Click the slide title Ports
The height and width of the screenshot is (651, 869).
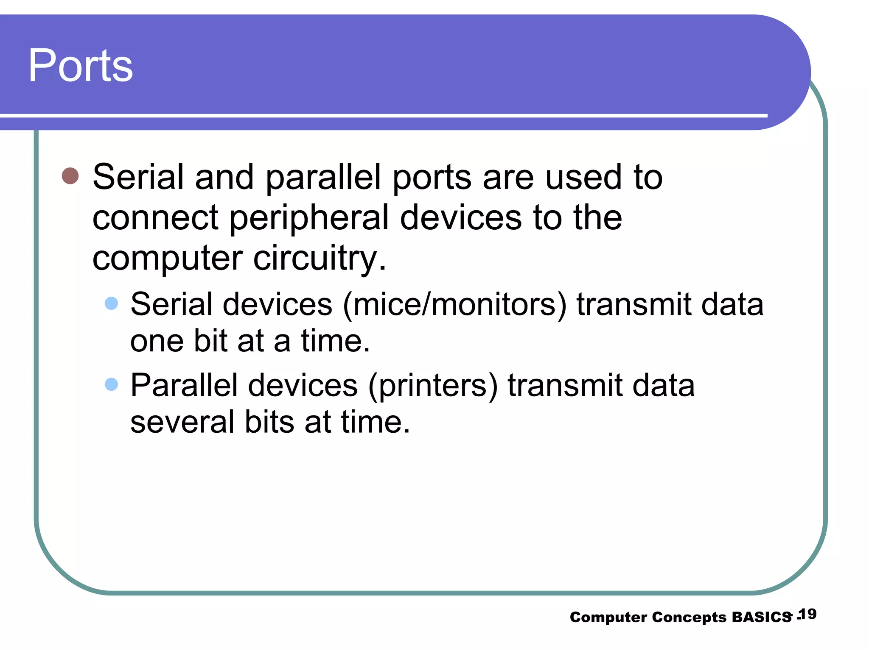point(81,66)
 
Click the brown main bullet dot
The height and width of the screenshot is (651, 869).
point(70,176)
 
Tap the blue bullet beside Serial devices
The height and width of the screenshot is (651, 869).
point(111,303)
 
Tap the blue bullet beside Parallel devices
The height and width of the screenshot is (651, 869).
point(111,384)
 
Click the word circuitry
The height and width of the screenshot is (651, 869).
point(320,259)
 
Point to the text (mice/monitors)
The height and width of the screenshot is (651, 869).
point(454,304)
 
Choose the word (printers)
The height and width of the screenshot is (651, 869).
point(432,386)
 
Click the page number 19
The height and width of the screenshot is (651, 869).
point(807,614)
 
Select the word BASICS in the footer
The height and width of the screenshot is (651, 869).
point(762,617)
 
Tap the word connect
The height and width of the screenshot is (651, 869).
point(155,218)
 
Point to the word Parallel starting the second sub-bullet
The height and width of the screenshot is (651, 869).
point(184,385)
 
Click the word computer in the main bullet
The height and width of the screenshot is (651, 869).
point(167,259)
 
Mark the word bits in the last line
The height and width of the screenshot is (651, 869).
point(269,422)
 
